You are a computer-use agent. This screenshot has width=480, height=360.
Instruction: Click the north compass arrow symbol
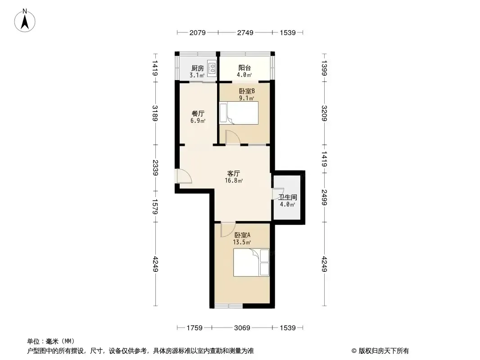(25, 20)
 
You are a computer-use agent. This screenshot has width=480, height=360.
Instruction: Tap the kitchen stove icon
(212, 68)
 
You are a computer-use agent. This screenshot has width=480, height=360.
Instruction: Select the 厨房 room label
(198, 68)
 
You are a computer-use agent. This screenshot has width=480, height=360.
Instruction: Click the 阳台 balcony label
(245, 67)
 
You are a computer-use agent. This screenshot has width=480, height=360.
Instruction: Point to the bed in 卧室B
(239, 113)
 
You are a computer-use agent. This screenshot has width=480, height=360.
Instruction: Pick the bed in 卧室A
(251, 262)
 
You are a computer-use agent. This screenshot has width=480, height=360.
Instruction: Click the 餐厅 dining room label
(198, 113)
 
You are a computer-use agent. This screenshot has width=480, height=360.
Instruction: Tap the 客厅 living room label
(234, 173)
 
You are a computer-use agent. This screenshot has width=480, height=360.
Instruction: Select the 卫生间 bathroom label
(287, 197)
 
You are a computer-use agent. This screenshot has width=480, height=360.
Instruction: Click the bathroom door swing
(278, 194)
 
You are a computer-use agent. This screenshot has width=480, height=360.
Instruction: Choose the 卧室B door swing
(233, 137)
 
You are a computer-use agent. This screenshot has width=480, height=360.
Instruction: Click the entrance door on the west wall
(184, 176)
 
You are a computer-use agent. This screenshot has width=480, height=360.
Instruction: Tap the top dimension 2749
(245, 32)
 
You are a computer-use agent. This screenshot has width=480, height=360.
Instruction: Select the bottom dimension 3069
(242, 328)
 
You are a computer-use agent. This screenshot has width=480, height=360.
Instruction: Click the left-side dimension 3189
(155, 113)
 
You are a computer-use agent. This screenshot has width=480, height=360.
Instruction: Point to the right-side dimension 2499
(325, 198)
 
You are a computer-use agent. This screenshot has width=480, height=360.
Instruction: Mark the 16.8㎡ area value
(234, 181)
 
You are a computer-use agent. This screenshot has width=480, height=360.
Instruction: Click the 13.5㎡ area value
(242, 243)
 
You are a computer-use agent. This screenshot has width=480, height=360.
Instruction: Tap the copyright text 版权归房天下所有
(383, 351)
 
